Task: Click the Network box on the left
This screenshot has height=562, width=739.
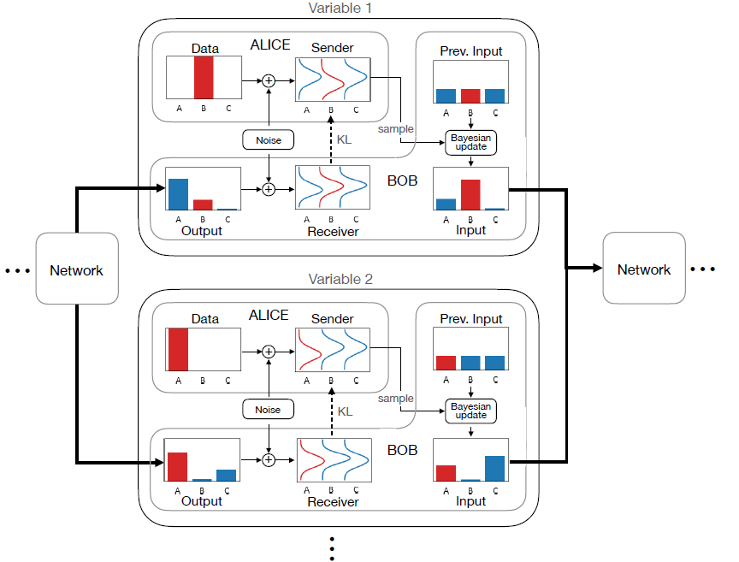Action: coord(77,269)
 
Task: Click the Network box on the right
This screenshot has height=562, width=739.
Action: coord(644,268)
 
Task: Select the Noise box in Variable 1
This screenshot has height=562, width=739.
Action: coord(269,140)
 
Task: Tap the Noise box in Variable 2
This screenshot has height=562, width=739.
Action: coord(269,409)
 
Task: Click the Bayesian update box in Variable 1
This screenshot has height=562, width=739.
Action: coord(470,142)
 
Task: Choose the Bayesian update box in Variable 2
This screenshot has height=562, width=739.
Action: coord(470,411)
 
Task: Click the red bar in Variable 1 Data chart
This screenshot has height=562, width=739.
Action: coord(204,78)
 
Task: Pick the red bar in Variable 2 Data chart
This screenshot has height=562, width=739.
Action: coord(178,350)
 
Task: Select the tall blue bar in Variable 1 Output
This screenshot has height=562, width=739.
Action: coord(178,194)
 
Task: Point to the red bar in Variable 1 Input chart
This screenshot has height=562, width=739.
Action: coord(470,195)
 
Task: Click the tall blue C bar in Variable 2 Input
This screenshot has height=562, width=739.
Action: coord(495,469)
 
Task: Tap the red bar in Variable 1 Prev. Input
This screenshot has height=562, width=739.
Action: coord(470,96)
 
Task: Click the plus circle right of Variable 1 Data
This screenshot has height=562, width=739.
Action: coord(269,80)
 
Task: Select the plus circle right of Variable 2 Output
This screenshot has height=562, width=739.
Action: coord(269,459)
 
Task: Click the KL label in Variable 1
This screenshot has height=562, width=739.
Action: coord(344,139)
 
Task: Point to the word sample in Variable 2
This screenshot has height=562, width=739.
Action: coord(396,399)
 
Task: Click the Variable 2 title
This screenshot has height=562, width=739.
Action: coord(340,279)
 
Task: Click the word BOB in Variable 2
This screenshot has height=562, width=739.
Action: coord(403,450)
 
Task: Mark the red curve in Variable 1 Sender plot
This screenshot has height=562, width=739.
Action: coord(332,80)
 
